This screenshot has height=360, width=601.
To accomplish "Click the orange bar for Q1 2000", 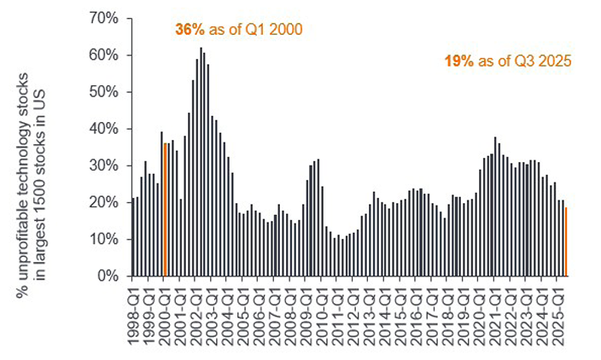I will click(165, 210).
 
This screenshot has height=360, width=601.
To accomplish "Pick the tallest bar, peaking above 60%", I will click(201, 162).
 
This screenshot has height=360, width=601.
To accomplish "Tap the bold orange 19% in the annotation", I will click(457, 61).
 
